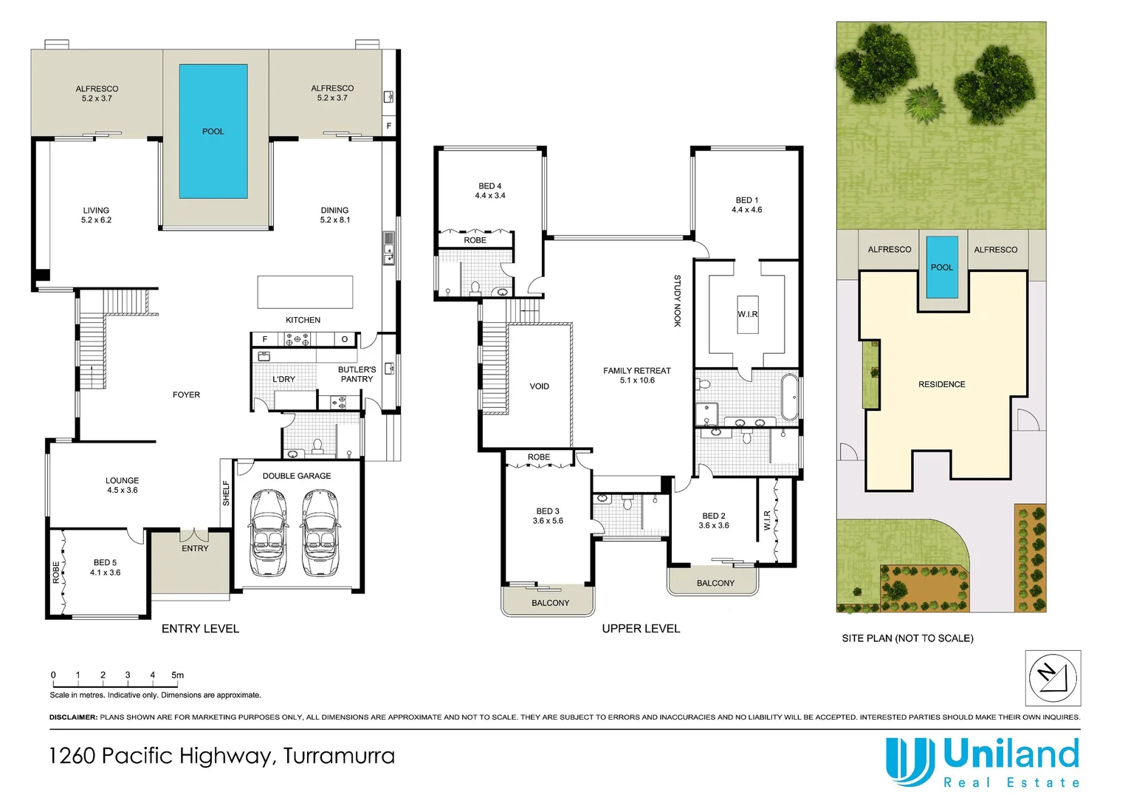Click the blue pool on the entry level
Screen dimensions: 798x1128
(x=213, y=131)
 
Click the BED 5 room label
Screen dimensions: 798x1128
(x=105, y=567)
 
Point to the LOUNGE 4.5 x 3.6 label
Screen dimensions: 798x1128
(x=122, y=485)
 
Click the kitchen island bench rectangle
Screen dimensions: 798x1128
(x=305, y=292)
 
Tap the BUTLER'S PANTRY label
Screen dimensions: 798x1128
(x=357, y=374)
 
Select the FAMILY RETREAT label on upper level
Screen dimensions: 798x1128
(x=637, y=375)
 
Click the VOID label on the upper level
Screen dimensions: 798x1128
(x=539, y=386)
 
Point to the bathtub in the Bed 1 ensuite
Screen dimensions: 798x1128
(x=789, y=397)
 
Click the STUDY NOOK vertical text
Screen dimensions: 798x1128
(x=677, y=301)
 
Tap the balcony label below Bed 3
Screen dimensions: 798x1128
(x=550, y=603)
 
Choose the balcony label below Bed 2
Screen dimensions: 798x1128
(x=715, y=583)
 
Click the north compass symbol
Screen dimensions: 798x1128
(x=1053, y=678)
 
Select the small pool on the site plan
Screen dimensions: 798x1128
(x=942, y=267)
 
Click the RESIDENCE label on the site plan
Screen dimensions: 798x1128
(x=941, y=384)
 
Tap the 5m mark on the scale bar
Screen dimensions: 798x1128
(x=177, y=675)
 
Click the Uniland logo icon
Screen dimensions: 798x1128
(x=909, y=762)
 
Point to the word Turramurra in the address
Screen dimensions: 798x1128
(x=339, y=756)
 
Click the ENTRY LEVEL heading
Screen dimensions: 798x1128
(x=200, y=629)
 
